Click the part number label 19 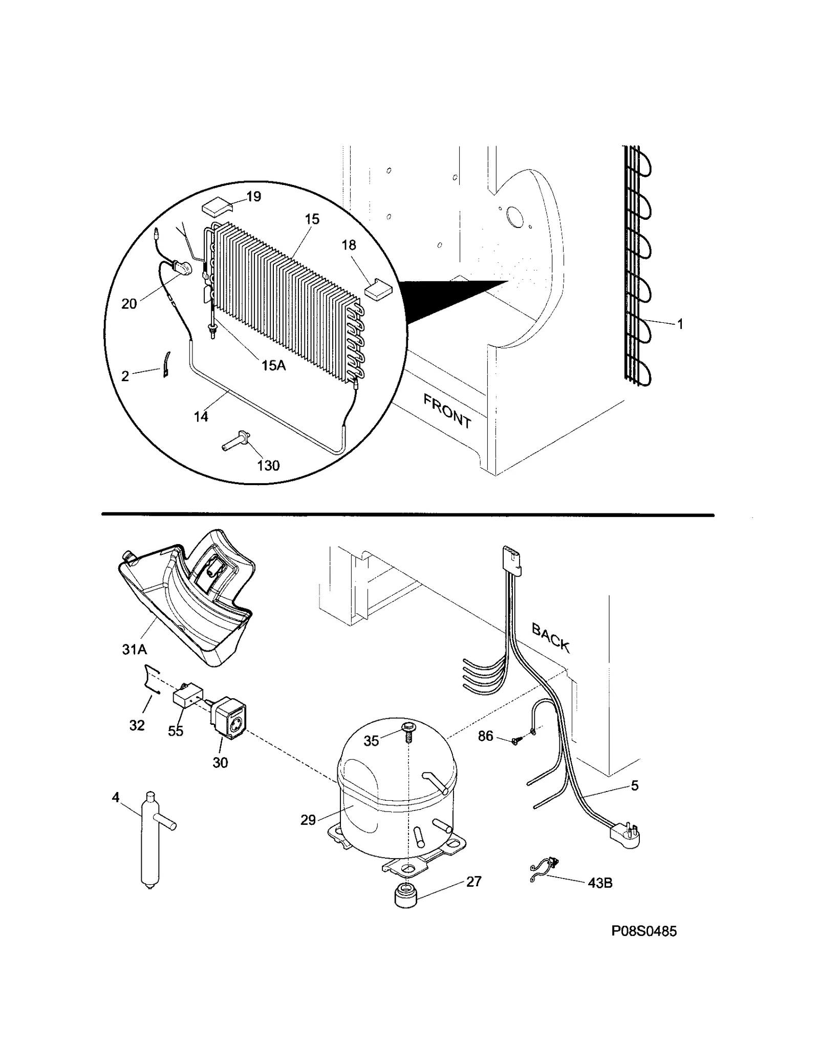(253, 197)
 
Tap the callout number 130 (268, 465)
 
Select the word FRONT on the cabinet (447, 410)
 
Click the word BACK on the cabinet (550, 637)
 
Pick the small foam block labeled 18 (376, 289)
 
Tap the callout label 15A (273, 365)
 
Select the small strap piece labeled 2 (167, 364)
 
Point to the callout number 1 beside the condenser (680, 324)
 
